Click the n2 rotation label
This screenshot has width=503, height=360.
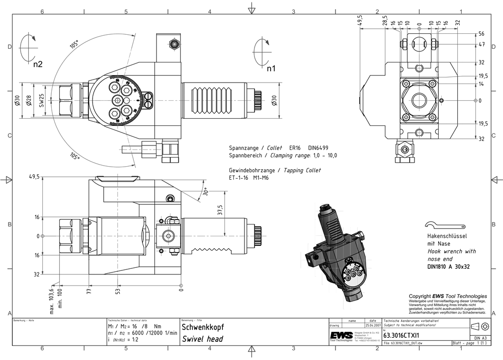(38, 64)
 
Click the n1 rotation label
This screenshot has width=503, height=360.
(271, 68)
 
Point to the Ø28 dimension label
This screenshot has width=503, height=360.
(29, 101)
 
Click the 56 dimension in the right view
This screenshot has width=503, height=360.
(481, 34)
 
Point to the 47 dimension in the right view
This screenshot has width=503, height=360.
(481, 45)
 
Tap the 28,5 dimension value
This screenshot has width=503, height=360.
(385, 21)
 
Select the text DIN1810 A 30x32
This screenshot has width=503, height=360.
(448, 266)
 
